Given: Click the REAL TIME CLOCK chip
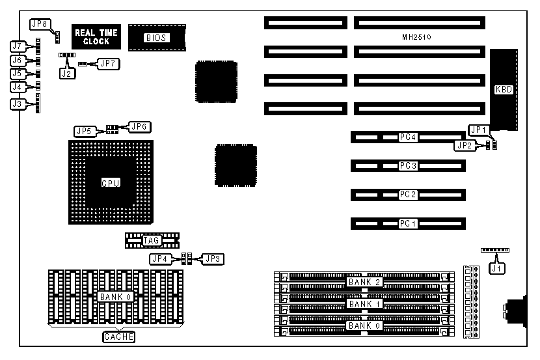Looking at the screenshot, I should tap(92, 37).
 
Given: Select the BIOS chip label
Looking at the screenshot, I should tap(157, 38).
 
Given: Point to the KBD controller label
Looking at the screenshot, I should tap(504, 90).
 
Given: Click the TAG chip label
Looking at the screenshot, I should tap(151, 241).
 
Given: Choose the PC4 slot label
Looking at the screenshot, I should tap(408, 137).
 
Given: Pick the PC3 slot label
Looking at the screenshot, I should tap(408, 166).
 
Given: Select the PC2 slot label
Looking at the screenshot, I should tap(408, 195).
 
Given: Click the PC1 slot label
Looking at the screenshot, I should tap(408, 223).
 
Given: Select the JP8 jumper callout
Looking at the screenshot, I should tap(40, 24).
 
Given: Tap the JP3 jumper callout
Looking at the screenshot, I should tap(213, 258).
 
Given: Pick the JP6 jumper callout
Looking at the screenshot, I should tap(139, 126).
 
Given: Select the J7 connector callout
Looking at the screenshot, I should tap(18, 46).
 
